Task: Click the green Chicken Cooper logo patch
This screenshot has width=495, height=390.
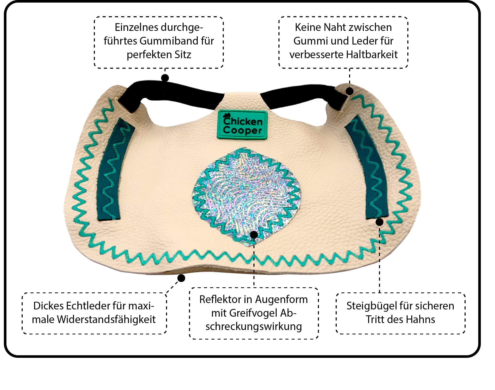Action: coord(242,125)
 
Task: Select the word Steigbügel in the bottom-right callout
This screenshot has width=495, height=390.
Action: coord(369,306)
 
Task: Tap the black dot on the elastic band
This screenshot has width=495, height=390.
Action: coord(165,78)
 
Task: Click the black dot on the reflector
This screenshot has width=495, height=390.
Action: coord(254,235)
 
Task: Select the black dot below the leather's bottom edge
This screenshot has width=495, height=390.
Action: coord(181,278)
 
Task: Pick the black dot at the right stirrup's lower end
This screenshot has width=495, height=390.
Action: coord(379,222)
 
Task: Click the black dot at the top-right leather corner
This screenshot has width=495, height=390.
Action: coord(349,91)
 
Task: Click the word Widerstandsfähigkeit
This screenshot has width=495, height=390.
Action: coord(106,319)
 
